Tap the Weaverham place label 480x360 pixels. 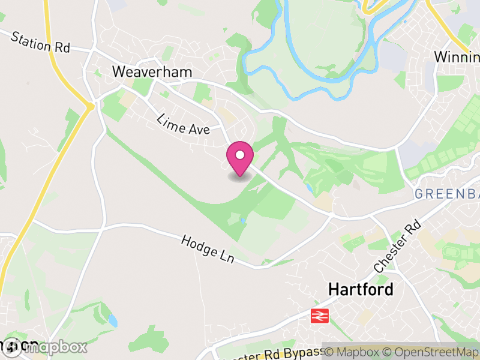(152, 72)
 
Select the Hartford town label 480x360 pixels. (361, 290)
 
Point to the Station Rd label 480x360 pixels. (41, 42)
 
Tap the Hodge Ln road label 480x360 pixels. (207, 248)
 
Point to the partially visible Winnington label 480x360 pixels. (457, 58)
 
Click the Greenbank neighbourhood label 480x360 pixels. (446, 194)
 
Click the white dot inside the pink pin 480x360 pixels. (240, 155)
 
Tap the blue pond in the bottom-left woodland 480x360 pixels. (113, 320)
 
